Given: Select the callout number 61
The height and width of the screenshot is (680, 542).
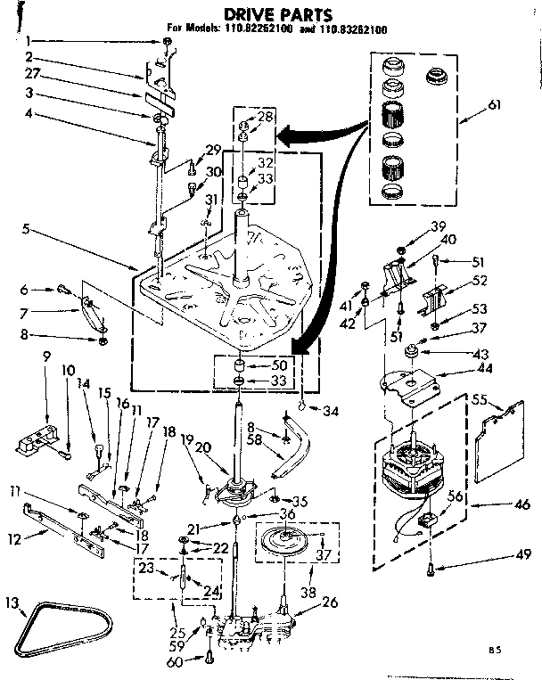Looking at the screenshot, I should (495, 105).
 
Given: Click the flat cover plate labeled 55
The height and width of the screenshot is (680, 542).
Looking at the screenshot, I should (505, 429).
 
